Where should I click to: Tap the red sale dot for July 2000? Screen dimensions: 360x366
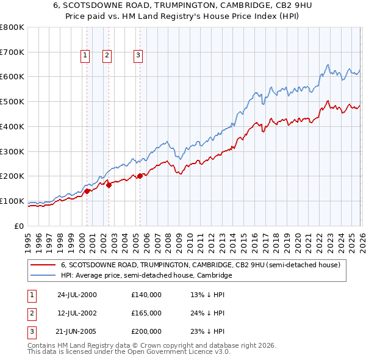click(x=87, y=191)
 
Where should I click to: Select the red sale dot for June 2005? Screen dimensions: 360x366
click(x=140, y=176)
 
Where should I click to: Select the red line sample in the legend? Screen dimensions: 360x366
click(x=43, y=265)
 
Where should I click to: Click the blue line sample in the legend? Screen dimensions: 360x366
click(x=43, y=276)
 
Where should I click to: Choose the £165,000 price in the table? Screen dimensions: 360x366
click(x=146, y=313)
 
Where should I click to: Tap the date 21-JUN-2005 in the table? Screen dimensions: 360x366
click(x=76, y=331)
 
